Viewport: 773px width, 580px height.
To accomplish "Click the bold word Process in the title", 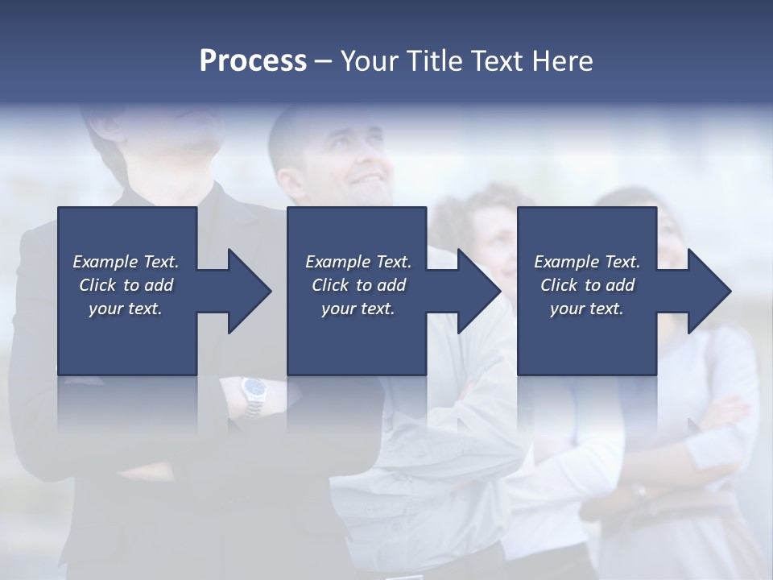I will tap(253, 61).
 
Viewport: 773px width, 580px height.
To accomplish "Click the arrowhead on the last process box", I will tap(705, 291).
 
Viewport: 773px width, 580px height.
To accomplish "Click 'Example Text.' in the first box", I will tap(126, 262).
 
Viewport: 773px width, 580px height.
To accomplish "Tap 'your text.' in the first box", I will tap(126, 309).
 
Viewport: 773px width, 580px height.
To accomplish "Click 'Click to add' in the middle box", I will tap(358, 285).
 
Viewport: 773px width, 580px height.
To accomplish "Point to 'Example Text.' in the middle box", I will tap(358, 262).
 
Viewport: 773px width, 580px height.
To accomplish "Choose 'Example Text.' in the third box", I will tap(587, 262).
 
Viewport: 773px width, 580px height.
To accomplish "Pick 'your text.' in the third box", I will tap(587, 309).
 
